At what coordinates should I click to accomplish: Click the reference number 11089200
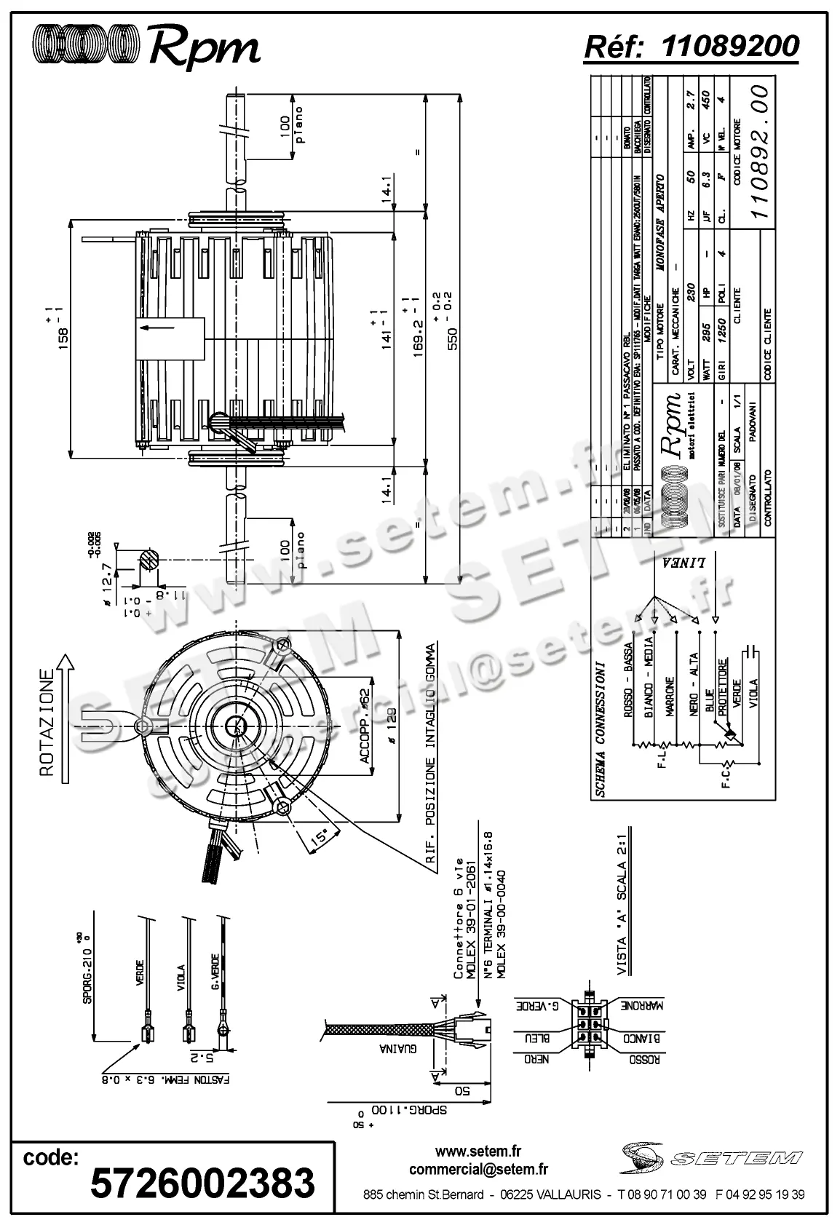pyautogui.click(x=731, y=46)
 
